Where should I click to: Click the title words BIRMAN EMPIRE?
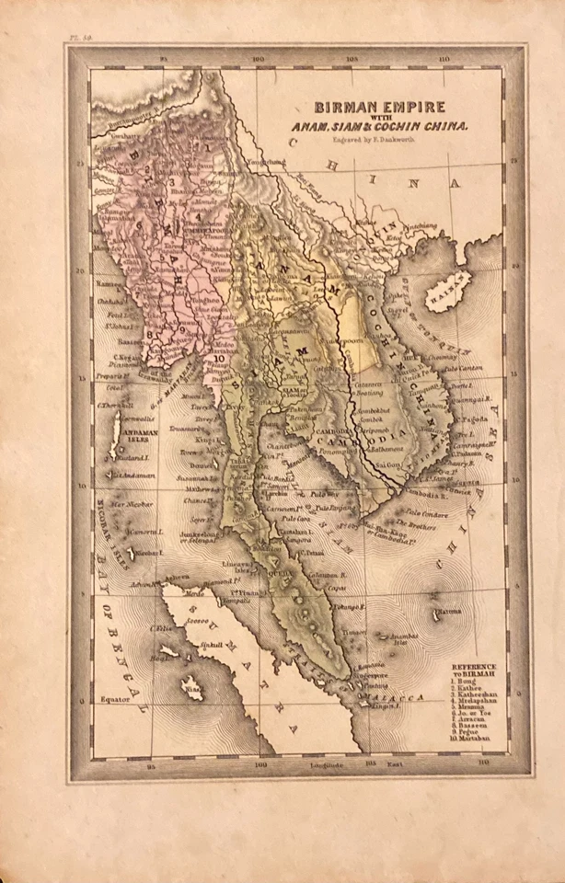pos(381,107)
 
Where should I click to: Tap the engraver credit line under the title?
pos(380,141)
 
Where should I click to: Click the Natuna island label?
pos(449,610)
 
